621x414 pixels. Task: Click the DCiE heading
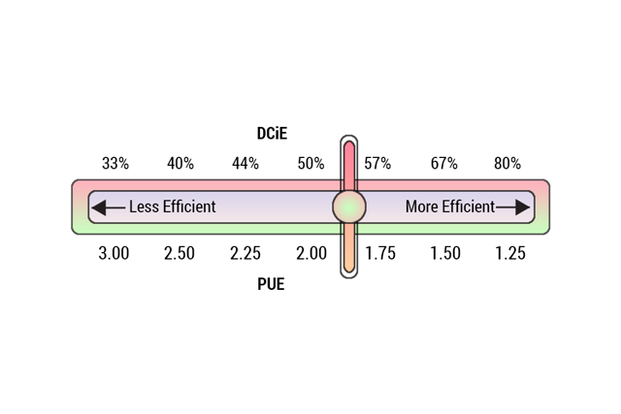click(272, 134)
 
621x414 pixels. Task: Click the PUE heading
click(272, 285)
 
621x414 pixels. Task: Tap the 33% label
click(114, 163)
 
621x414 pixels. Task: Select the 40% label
click(180, 163)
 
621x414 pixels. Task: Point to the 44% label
click(245, 163)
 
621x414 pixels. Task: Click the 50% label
click(310, 163)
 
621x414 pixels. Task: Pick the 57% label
click(377, 163)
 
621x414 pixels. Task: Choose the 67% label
click(443, 163)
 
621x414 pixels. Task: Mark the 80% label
click(507, 163)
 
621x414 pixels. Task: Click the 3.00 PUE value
click(114, 253)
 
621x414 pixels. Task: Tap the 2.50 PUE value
click(180, 253)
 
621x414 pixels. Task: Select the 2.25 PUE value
click(245, 253)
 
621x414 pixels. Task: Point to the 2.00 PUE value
click(310, 253)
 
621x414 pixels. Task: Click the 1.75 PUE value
click(379, 253)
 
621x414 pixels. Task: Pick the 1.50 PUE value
click(444, 253)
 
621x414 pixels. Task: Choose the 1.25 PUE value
click(509, 253)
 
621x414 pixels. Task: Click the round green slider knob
click(349, 207)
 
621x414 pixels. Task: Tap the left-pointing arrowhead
click(100, 207)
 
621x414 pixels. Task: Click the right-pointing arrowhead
click(522, 207)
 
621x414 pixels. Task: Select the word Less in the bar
click(144, 207)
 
